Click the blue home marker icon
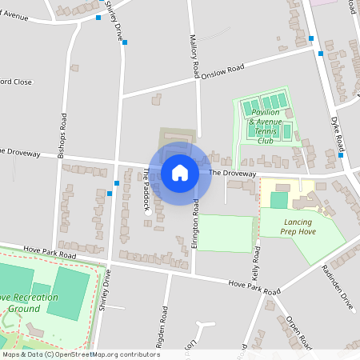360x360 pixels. pos(180,172)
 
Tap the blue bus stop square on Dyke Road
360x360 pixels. pos(321,54)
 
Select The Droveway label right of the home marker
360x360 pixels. pos(233,173)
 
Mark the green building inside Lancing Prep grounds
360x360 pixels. pos(278,199)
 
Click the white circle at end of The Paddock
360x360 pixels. pos(148,213)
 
